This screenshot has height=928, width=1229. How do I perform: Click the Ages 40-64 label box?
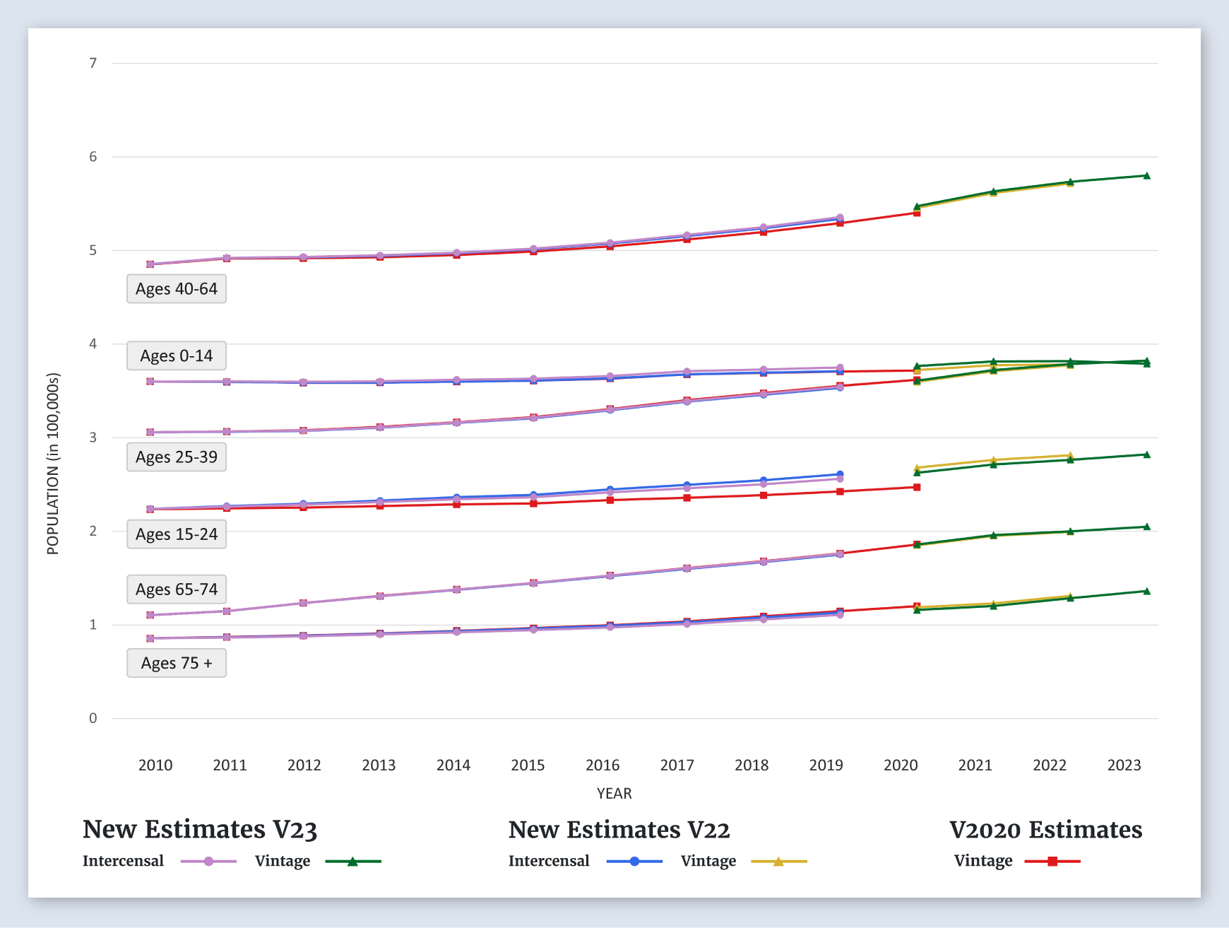[177, 289]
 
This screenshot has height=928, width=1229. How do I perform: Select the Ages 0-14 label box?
[177, 356]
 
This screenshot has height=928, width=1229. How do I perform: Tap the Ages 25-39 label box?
[177, 457]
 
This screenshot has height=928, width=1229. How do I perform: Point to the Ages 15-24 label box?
[177, 534]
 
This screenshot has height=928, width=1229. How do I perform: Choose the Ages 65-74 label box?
[177, 589]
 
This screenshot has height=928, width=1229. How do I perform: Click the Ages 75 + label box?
[177, 663]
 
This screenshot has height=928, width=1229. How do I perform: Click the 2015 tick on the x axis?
[528, 765]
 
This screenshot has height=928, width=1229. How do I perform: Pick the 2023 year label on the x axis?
[1124, 765]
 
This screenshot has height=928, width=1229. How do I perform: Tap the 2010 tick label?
[155, 765]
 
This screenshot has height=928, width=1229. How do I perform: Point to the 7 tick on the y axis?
[93, 64]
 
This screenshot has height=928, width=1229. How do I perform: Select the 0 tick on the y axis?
[93, 719]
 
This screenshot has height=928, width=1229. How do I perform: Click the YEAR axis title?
[614, 794]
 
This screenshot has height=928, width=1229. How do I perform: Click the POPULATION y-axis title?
[53, 464]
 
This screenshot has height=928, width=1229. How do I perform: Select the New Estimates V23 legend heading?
[200, 830]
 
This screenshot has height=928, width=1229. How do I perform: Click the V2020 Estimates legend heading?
[1045, 830]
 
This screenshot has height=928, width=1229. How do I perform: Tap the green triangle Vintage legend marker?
[352, 862]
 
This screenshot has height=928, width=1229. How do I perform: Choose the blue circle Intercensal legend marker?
[634, 862]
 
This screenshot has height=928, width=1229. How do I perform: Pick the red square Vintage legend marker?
[1052, 862]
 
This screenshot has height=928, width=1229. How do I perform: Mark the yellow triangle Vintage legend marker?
[778, 862]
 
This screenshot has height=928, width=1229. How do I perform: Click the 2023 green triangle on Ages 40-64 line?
[1146, 176]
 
